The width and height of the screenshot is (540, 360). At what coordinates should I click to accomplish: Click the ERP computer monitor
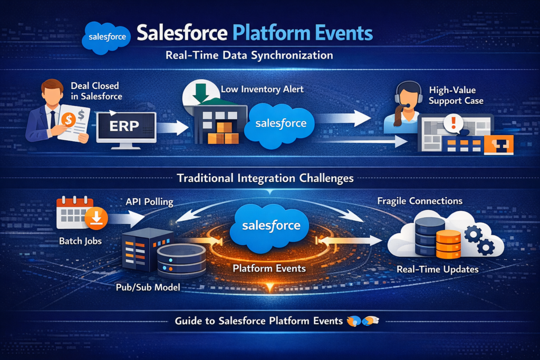[x=127, y=127]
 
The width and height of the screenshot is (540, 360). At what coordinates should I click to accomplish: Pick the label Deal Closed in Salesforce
[x=95, y=91]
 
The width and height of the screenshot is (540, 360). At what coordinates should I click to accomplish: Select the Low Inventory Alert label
[x=262, y=90]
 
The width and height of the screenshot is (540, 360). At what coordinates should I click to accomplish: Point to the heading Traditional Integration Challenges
[x=265, y=178]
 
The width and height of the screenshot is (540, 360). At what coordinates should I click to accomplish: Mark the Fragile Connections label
[x=420, y=201]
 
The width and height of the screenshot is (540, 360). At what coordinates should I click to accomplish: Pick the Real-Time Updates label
[x=437, y=269]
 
